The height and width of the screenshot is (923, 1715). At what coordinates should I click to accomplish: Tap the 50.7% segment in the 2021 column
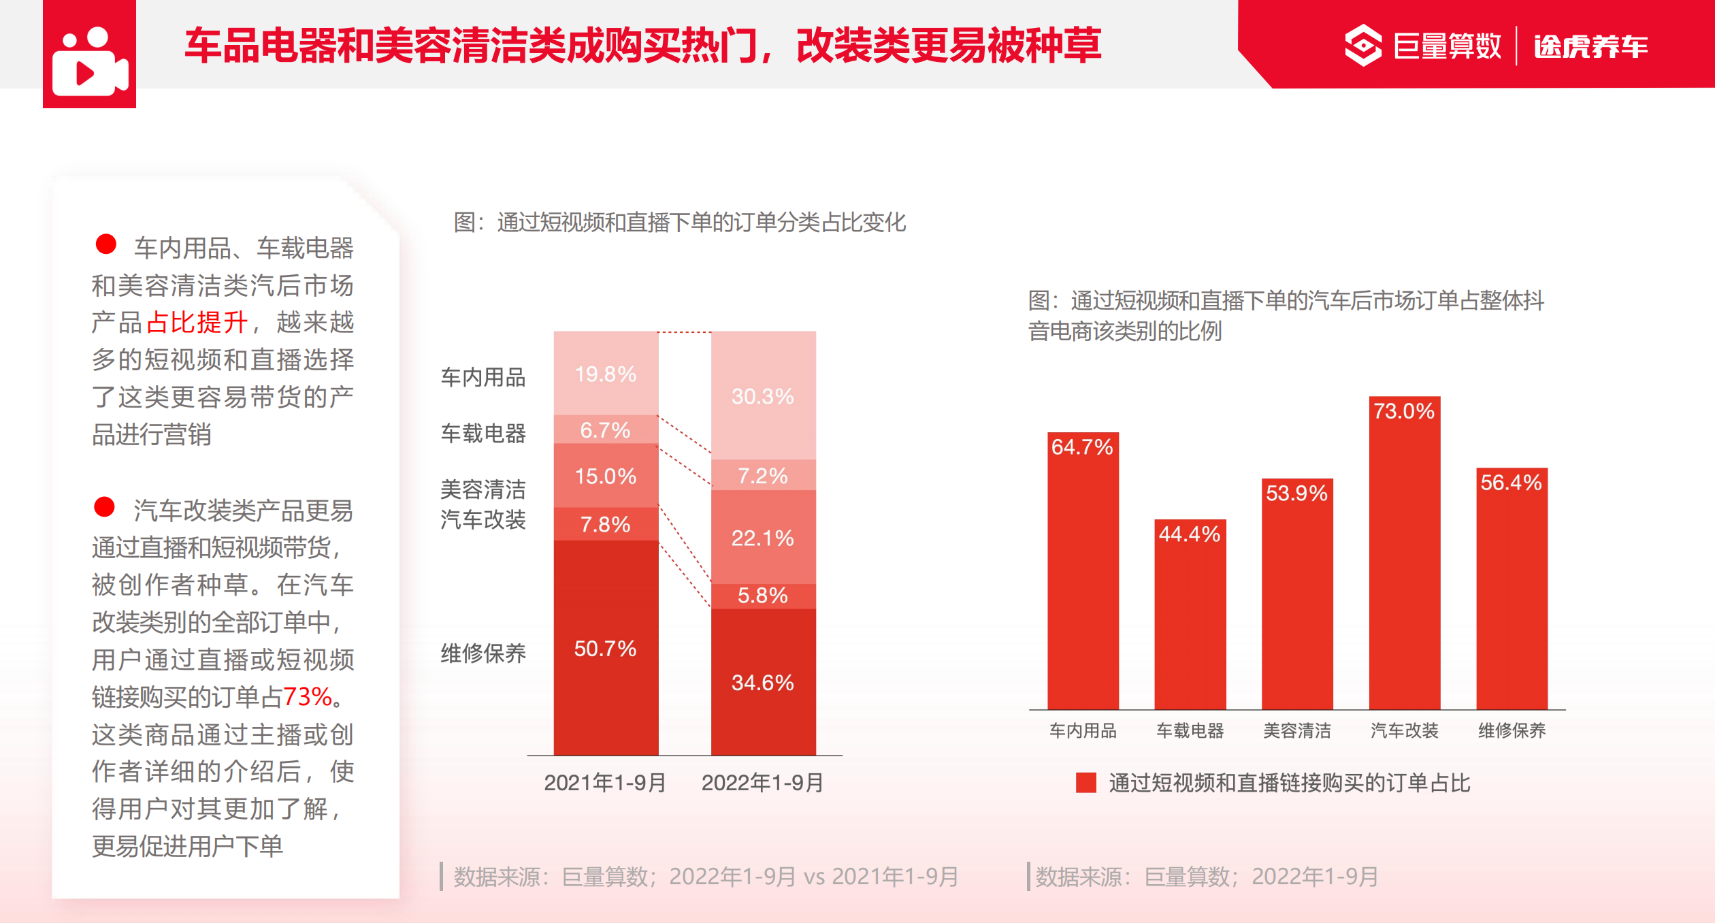(x=606, y=647)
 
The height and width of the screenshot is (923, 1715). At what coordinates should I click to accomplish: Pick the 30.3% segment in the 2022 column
(x=763, y=395)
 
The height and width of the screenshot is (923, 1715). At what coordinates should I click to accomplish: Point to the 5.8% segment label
(x=763, y=596)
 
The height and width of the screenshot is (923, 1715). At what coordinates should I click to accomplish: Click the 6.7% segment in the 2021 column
(x=606, y=430)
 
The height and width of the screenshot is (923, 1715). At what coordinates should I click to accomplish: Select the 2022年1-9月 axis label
(x=763, y=783)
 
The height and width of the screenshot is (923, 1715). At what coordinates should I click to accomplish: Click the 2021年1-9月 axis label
(x=606, y=783)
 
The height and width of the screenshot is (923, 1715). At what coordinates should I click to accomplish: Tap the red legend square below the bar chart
(x=1085, y=783)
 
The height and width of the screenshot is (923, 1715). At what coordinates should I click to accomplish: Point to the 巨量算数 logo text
(x=1447, y=46)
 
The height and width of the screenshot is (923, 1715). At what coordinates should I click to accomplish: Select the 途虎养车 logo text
(x=1591, y=46)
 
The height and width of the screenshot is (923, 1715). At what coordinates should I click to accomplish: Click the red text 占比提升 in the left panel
(x=197, y=322)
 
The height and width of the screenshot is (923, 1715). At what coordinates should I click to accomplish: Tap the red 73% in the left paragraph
(x=308, y=696)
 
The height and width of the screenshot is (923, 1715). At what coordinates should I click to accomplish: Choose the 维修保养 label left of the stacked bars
(x=483, y=653)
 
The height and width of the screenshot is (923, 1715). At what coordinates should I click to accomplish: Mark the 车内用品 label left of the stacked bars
(x=483, y=377)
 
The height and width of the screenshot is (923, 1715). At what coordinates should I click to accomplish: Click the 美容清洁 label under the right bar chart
(x=1297, y=731)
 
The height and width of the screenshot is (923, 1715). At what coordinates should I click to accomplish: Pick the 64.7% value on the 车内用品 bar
(x=1082, y=447)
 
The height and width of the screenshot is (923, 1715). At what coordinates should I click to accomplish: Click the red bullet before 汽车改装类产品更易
(x=104, y=507)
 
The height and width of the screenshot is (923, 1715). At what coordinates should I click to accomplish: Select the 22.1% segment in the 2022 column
(x=763, y=538)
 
